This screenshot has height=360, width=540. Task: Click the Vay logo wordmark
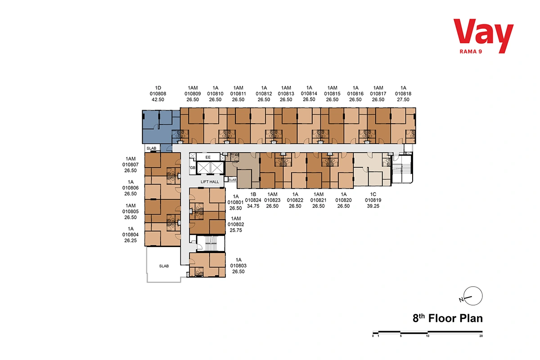point(483,36)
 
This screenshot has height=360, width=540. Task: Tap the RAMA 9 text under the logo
point(471,52)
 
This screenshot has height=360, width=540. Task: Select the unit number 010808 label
point(158,94)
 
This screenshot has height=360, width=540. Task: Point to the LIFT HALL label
point(210,182)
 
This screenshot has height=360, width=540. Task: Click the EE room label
point(208,157)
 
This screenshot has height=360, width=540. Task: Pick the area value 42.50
point(158,99)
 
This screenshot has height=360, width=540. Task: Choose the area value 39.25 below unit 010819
point(373,206)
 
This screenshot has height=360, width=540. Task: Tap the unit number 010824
point(253,200)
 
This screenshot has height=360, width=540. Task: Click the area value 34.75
point(253,206)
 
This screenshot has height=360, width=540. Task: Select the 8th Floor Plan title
point(447,318)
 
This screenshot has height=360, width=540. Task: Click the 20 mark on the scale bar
point(481,336)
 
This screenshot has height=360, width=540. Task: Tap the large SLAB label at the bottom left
point(164,266)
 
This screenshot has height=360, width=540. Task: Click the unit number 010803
point(238,265)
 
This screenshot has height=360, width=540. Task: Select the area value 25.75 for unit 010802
point(236,230)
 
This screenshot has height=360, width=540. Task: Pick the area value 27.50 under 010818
point(403,99)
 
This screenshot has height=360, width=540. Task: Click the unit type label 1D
point(158,88)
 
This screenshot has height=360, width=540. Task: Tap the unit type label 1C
point(373,194)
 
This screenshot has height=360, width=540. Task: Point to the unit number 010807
point(130,165)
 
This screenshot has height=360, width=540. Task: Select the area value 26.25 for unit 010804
point(130,240)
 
